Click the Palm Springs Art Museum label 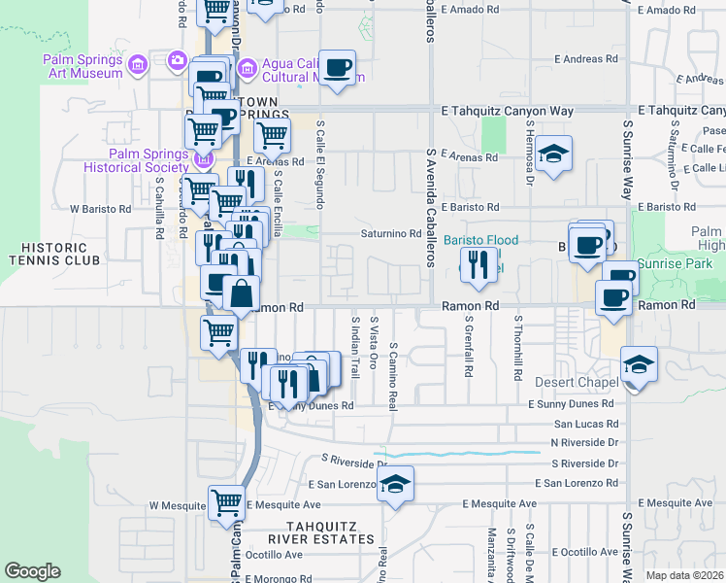click(82, 65)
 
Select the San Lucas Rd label click(585, 424)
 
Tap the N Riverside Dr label click(584, 442)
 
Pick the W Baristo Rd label click(100, 209)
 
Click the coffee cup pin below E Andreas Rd click(337, 68)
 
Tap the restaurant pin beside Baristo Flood click(478, 264)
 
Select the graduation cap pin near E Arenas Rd click(553, 154)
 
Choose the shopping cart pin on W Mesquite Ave click(226, 502)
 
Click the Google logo click(32, 571)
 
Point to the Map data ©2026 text click(685, 575)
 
